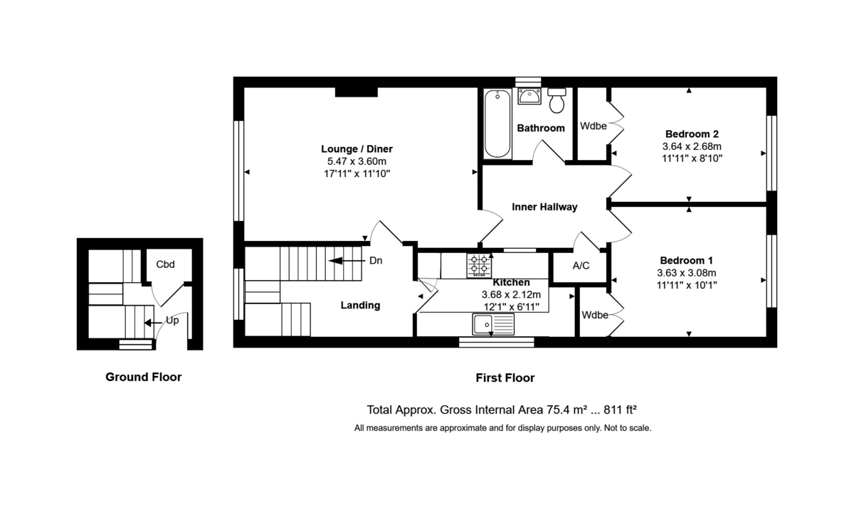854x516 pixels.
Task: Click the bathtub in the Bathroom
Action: point(497,124)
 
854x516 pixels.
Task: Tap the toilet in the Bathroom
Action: point(557,101)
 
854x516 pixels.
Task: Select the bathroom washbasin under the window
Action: point(529,96)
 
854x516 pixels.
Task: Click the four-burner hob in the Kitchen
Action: point(478,266)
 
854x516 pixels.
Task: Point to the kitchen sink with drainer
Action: point(492,325)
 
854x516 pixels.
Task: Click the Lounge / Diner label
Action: point(357,149)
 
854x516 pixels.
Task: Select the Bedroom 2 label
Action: point(692,134)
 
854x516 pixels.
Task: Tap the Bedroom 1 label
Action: point(686,260)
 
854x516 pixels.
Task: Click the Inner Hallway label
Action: point(544,207)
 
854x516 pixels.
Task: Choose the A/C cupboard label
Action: point(581,266)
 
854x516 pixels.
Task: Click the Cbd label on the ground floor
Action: point(166,264)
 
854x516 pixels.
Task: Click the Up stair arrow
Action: point(152,321)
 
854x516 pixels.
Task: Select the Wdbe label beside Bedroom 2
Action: point(593,127)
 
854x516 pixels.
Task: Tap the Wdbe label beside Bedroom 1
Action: point(594,314)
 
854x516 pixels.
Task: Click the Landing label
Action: point(359,306)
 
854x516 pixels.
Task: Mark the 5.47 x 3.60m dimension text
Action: point(357,161)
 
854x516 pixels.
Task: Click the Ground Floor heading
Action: point(143,377)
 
